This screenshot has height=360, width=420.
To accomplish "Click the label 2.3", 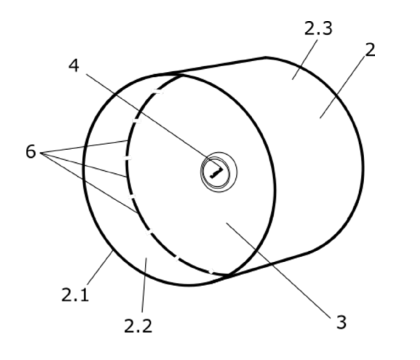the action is tap(318, 28).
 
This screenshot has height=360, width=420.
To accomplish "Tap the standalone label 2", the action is tap(370, 49).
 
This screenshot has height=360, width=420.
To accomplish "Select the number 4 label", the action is tap(74, 65).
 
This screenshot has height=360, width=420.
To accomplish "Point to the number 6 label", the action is tap(31, 151).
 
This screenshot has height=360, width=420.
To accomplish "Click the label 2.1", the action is tap(75, 295).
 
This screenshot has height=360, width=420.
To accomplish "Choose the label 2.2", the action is tap(138, 326).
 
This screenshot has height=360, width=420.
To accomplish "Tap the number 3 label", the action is tap(341, 322).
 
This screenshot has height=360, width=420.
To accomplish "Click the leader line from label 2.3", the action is tap(305, 60).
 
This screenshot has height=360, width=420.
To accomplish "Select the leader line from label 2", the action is tap(342, 87).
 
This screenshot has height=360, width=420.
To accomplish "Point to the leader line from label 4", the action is tap(153, 121).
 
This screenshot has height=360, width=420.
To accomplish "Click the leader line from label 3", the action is tap(279, 271).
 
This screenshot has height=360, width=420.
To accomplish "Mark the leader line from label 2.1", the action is tap(100, 268).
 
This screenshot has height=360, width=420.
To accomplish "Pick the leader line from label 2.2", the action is tap(144, 285).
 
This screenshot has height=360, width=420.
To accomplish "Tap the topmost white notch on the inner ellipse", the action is tap(157, 92).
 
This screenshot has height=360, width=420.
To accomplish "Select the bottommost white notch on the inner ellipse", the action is tap(211, 271).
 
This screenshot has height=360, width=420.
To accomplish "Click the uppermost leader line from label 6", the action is tap(84, 147).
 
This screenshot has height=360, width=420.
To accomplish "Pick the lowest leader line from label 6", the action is tap(90, 183).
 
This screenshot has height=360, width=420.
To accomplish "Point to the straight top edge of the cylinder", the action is tap(210, 66).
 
